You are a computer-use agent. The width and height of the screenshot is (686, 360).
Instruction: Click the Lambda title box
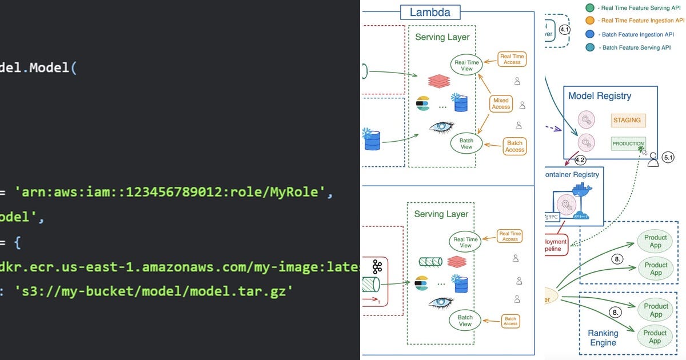(x=430, y=13)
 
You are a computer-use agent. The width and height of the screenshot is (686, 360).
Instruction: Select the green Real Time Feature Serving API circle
(x=590, y=7)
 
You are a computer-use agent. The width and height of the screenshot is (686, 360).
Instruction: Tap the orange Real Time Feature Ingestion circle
(x=590, y=21)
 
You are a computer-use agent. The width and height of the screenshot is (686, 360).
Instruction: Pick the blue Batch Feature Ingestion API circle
(x=590, y=34)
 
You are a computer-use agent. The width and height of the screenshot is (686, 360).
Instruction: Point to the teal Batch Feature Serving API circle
(x=590, y=47)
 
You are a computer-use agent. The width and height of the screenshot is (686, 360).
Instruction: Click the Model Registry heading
(x=599, y=96)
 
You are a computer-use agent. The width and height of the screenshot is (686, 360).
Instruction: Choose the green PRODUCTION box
(x=628, y=144)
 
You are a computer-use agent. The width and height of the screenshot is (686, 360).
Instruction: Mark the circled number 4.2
(x=580, y=160)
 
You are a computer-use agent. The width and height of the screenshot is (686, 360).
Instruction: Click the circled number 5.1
(x=668, y=157)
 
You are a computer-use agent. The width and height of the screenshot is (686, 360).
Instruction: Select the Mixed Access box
(x=501, y=103)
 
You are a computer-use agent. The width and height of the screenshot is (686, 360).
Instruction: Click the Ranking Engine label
(x=603, y=338)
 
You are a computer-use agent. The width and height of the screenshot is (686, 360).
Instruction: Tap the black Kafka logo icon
(x=377, y=267)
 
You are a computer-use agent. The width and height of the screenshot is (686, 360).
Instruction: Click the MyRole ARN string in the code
(x=177, y=192)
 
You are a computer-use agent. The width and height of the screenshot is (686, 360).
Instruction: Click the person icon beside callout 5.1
(x=653, y=159)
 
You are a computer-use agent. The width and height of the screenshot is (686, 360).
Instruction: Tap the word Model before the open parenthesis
(x=49, y=67)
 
